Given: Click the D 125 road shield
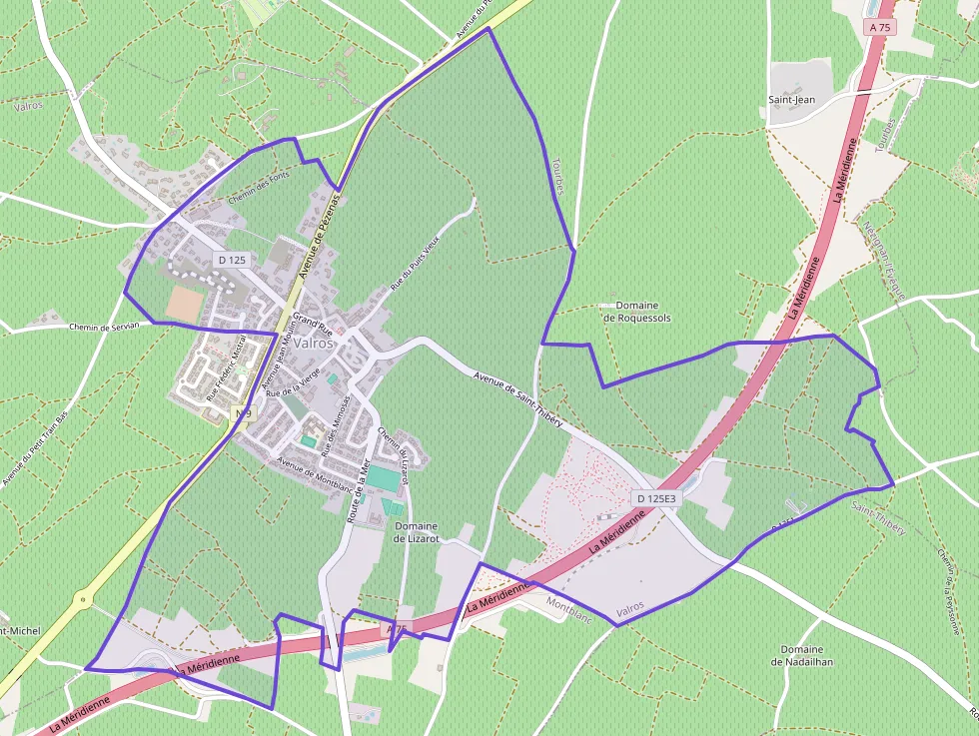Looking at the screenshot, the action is (231, 260).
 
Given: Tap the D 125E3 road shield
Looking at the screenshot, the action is (655, 498).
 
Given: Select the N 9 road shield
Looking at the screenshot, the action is (241, 412).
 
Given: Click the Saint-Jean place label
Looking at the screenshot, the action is (792, 100).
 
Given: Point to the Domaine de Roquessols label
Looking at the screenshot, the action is (636, 312).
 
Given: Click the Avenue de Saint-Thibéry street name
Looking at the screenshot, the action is (518, 399).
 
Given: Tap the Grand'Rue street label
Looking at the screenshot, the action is (312, 325).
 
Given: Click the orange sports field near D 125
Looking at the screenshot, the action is (184, 305).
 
